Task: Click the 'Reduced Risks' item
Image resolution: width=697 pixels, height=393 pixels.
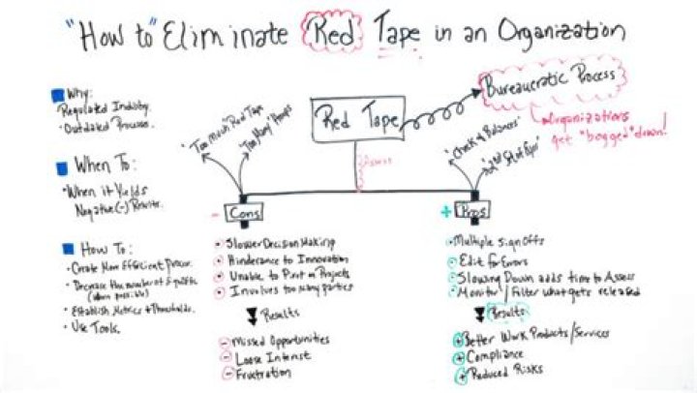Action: [x=503, y=374]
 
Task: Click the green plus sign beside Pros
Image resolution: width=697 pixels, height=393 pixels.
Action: [x=446, y=210]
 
